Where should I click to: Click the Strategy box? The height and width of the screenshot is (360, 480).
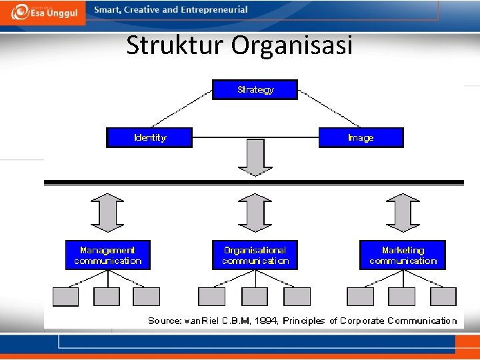[255, 89]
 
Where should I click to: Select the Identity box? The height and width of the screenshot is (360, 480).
[149, 137]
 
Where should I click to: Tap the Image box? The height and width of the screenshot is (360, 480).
[361, 137]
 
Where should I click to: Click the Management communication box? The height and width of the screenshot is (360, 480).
[108, 255]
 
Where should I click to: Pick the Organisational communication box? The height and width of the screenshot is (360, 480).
[255, 255]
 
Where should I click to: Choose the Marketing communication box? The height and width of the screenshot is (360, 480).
[403, 255]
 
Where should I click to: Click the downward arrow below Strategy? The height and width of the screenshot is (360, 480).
[255, 157]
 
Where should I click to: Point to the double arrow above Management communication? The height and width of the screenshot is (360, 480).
[107, 213]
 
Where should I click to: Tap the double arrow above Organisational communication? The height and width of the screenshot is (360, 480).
[255, 213]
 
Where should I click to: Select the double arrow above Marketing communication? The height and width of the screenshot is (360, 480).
[403, 213]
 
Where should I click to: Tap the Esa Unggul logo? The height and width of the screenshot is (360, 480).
[44, 12]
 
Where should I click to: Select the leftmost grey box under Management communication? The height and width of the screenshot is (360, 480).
[65, 297]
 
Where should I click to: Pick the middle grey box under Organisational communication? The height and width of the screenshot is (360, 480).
[255, 297]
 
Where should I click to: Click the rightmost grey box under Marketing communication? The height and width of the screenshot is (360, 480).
[443, 297]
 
